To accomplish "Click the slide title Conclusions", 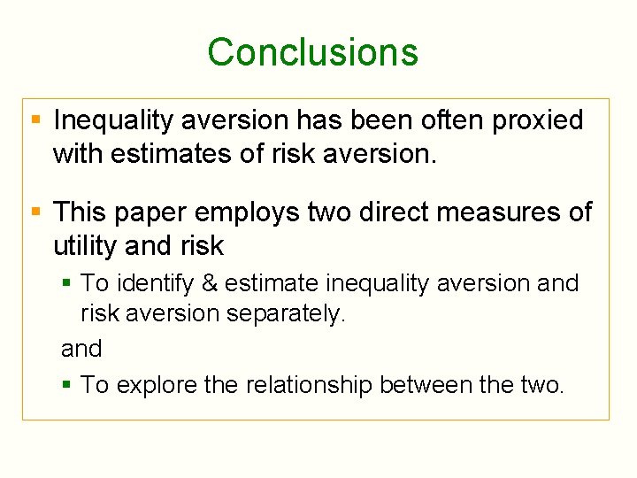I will (312, 52).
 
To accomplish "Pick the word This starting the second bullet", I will (81, 212).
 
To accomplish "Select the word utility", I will (86, 245).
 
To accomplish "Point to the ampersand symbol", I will (209, 284).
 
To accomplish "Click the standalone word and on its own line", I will (81, 349).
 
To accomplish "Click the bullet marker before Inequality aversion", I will (35, 119).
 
